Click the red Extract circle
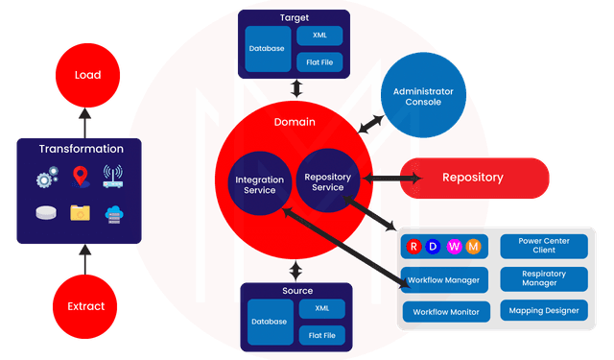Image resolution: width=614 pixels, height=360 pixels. [x=85, y=306]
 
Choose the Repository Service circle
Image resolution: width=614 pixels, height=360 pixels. [x=326, y=180]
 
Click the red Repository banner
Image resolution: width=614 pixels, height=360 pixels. [x=474, y=178]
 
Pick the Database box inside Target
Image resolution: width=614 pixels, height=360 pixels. [x=267, y=49]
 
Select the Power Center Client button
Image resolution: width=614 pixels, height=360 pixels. [x=543, y=246]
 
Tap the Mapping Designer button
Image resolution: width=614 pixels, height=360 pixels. [x=543, y=311]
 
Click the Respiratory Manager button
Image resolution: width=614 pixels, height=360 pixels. [x=543, y=278]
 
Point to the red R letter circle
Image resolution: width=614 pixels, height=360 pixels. [x=413, y=248]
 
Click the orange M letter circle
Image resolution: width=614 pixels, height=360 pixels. [x=473, y=248]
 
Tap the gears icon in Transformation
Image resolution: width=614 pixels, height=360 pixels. [x=47, y=179]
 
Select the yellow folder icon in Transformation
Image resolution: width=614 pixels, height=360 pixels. [x=81, y=213]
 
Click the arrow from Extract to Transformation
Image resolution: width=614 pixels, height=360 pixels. [x=84, y=258]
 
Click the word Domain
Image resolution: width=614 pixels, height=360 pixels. [x=295, y=123]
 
